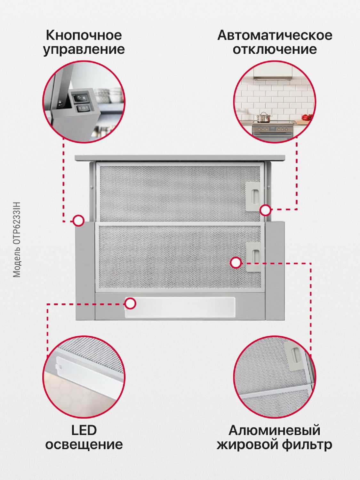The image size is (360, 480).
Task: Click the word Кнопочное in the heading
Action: (84, 35)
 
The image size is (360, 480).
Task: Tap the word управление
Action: (84, 50)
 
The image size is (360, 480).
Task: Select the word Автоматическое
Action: (275, 35)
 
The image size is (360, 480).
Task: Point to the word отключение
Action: (275, 49)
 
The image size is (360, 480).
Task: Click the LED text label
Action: (84, 430)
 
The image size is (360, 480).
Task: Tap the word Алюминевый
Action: (275, 430)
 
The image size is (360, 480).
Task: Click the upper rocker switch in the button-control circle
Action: (81, 97)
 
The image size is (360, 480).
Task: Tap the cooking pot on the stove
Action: (263, 117)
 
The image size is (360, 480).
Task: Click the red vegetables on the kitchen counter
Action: (307, 117)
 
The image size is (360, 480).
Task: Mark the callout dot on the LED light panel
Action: (130, 304)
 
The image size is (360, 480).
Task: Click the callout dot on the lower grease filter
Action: (236, 262)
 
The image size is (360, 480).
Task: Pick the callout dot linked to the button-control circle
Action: (78, 221)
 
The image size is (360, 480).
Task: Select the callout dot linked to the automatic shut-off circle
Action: (265, 210)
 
